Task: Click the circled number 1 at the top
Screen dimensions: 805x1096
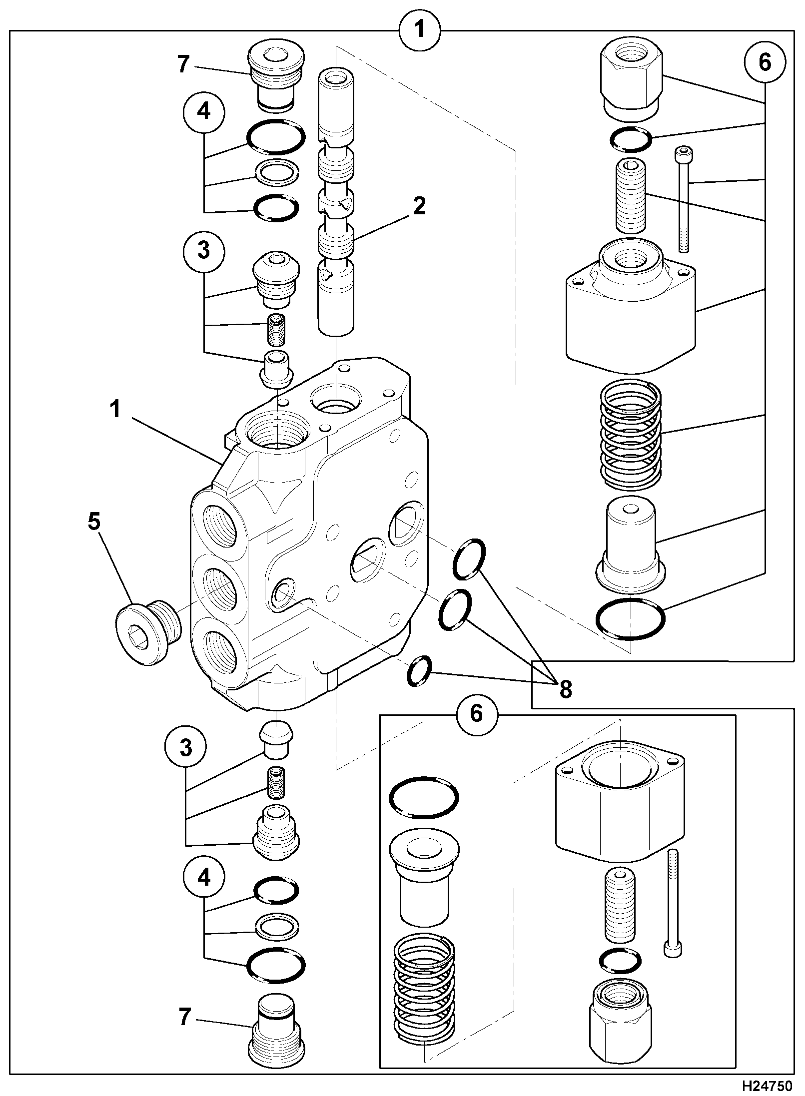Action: (x=420, y=29)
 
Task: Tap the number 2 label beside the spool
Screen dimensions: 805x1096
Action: (x=419, y=206)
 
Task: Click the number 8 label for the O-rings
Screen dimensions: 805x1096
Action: (x=565, y=690)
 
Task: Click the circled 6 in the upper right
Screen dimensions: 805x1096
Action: (x=765, y=62)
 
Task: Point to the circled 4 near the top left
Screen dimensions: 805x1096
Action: (x=204, y=112)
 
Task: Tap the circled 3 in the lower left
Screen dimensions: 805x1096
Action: (x=186, y=748)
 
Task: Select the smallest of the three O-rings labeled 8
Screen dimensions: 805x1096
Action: (x=419, y=670)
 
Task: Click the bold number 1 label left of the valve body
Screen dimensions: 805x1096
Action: (x=115, y=410)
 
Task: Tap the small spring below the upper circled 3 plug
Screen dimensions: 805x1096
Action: (x=276, y=330)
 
